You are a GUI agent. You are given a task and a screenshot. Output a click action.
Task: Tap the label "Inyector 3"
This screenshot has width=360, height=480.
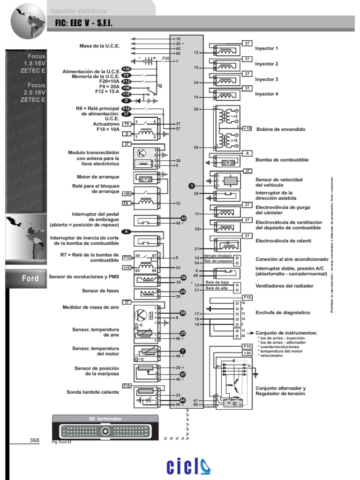point(266,80)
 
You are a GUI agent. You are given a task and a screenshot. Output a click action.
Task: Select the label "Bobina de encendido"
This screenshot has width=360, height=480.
point(281,129)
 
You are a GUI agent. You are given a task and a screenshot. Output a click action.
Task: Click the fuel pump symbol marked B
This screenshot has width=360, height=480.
point(228,163)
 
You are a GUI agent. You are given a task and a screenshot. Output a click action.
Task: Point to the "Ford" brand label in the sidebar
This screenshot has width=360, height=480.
point(30,278)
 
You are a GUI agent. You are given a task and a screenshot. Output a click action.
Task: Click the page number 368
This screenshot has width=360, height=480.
point(34,440)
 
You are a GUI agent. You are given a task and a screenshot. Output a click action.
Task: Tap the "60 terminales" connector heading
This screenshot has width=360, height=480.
point(105,418)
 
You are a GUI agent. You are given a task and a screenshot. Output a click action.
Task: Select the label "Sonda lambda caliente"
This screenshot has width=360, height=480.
point(93,392)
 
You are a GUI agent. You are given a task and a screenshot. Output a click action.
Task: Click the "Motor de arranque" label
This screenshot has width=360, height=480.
point(98,177)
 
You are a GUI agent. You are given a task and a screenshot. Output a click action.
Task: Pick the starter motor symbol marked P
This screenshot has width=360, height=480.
point(145,179)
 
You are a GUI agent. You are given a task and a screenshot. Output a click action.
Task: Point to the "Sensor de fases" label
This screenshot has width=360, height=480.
point(100,291)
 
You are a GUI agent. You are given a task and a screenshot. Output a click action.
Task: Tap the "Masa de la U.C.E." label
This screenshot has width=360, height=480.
point(99,46)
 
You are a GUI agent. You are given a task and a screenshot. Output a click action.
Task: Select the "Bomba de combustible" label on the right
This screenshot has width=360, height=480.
point(282,160)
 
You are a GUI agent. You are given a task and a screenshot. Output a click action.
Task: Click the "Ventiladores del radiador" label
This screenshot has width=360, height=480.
point(285,285)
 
